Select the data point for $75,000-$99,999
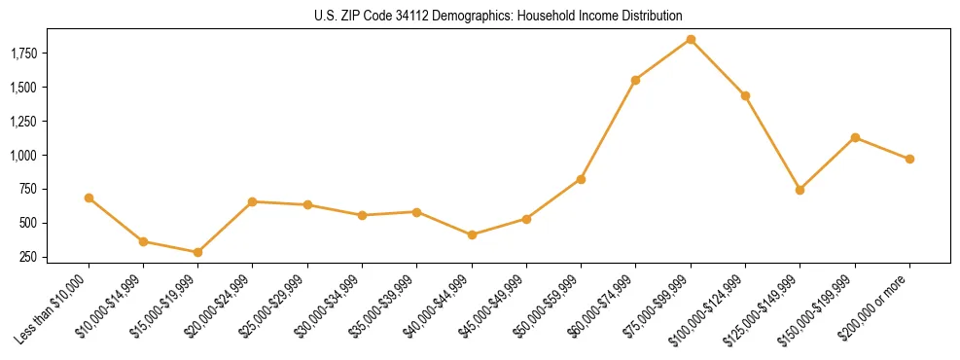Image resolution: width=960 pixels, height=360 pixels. coord(691,39)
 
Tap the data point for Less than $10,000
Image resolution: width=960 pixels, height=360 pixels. coord(89,198)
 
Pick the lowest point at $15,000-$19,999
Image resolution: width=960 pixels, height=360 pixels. coord(197,252)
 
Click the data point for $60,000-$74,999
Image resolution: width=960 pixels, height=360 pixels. coord(635,80)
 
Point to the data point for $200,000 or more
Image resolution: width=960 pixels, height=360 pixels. coord(909,159)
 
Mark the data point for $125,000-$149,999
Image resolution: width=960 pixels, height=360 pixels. coord(800,190)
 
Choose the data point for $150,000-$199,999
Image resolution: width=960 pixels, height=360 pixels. coord(855,137)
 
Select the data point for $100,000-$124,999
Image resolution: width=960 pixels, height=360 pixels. coord(745,95)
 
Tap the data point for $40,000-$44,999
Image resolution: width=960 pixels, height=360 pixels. coord(472,234)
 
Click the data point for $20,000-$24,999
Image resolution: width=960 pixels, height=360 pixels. coord(253,201)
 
